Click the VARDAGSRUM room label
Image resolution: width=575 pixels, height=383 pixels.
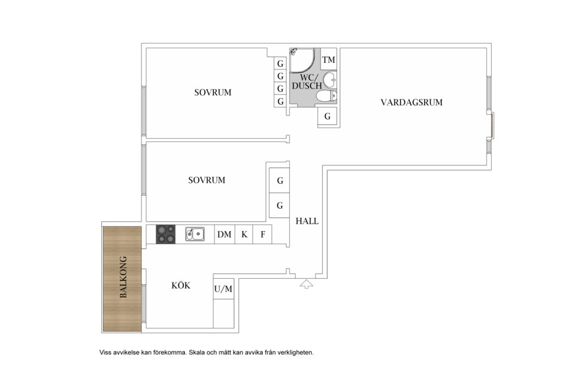pos(411,102)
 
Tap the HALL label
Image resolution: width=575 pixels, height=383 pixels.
pos(307,221)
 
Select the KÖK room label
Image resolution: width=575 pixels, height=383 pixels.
pos(180,286)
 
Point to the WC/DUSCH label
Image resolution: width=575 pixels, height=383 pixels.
pos(306,82)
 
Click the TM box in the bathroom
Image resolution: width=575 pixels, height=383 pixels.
pos(328,60)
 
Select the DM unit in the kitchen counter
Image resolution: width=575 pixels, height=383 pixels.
pos(224,235)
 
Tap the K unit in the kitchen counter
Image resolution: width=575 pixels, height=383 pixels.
pos(244,235)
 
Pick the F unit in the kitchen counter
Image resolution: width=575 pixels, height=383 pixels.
pos(262,235)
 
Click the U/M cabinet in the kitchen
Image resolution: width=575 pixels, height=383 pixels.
pos(223,290)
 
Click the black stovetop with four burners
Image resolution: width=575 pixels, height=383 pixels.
pos(166,234)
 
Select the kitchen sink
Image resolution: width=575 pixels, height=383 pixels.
pos(195,234)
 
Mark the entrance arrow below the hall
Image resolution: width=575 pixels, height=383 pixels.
pos(306,284)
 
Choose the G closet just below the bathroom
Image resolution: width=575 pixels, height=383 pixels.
pos(327,117)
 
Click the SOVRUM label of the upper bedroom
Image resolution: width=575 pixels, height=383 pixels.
pos(213,93)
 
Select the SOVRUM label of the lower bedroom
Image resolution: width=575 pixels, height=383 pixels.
pos(207,180)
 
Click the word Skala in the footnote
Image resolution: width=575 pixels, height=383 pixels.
pos(199,352)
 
